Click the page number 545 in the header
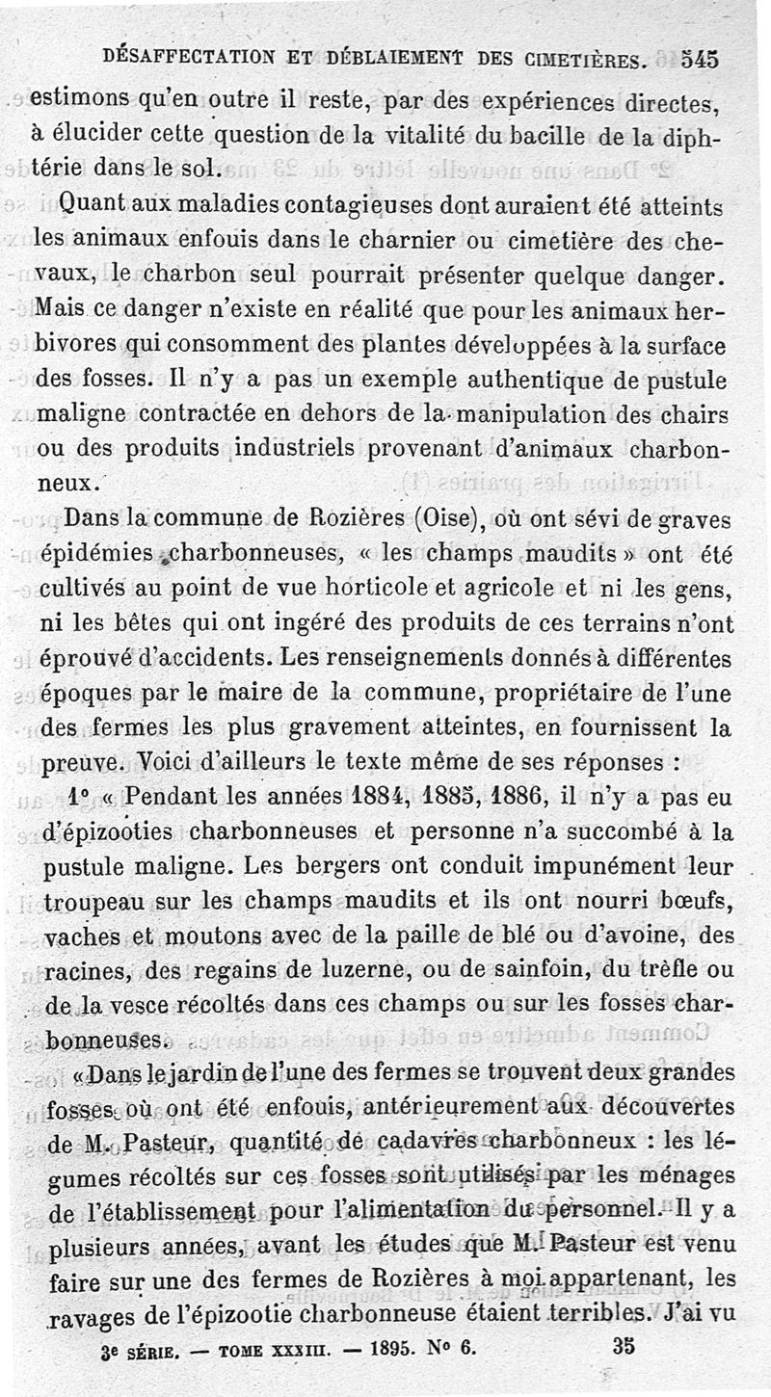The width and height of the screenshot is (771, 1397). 700,59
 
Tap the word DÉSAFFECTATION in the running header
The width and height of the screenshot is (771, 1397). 186,57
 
